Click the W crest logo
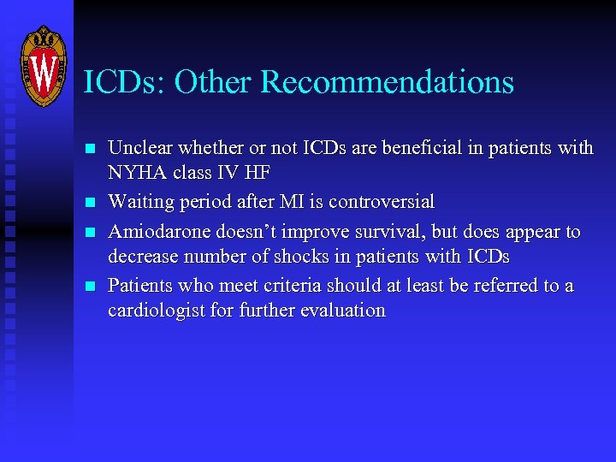(42, 66)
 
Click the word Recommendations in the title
(387, 82)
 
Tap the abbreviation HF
(258, 174)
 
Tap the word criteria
(287, 285)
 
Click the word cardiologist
(154, 311)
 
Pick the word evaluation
(342, 311)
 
